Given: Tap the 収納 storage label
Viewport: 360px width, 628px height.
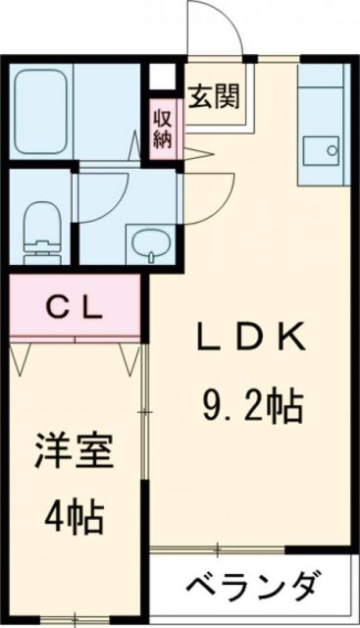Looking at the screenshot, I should pos(162,125).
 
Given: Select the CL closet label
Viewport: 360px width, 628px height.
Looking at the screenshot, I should pos(75,308).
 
